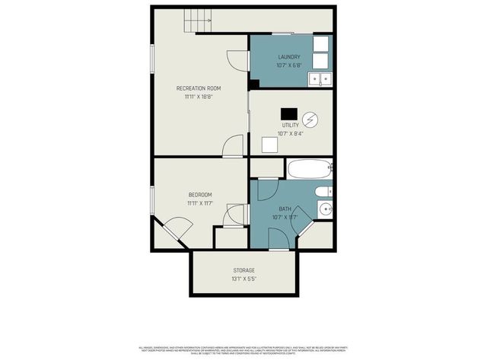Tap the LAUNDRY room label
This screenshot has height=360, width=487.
(x=289, y=57)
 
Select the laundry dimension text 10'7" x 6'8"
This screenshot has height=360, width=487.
(x=289, y=65)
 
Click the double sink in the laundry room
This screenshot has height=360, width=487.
(x=320, y=78)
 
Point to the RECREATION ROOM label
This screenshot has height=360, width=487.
(x=199, y=88)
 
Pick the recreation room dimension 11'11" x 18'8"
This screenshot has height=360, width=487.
(x=199, y=97)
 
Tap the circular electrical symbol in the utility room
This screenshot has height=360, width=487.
(x=310, y=119)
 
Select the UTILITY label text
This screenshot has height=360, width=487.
(x=290, y=124)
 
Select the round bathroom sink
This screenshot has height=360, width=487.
(x=325, y=209)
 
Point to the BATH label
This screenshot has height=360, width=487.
(x=285, y=209)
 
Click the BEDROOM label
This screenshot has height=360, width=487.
(x=199, y=195)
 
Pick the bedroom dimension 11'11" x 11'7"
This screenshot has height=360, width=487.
(x=199, y=204)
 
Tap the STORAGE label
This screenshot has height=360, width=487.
(x=243, y=270)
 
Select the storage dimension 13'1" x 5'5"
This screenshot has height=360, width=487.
(x=243, y=279)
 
